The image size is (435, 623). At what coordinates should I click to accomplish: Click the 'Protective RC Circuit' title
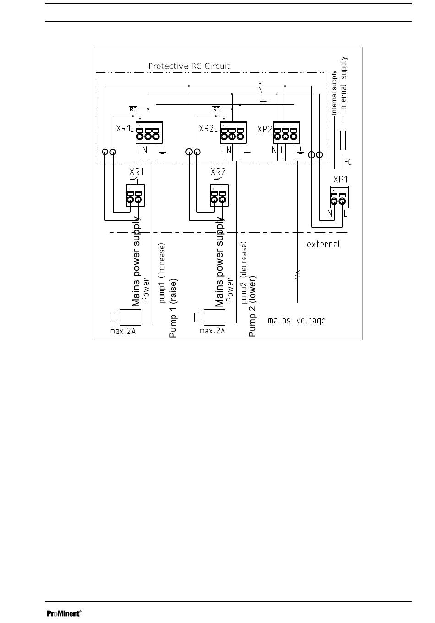[x=189, y=66]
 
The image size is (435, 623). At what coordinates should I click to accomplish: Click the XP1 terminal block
[x=338, y=197]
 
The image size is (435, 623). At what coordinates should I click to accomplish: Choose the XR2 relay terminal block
[x=218, y=196]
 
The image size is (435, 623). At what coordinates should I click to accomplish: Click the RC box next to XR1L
[x=133, y=109]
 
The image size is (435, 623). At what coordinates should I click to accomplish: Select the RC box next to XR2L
[x=216, y=109]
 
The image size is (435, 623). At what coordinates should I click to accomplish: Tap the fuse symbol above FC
[x=343, y=140]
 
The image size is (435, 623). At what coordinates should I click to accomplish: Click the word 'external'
[x=323, y=244]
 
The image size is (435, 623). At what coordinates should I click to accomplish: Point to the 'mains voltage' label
[x=296, y=320]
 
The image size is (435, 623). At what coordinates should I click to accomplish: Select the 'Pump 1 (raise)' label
[x=173, y=308]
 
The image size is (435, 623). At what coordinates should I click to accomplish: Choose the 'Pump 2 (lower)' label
[x=252, y=306]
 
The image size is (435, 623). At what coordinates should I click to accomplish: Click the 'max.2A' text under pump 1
[x=123, y=331]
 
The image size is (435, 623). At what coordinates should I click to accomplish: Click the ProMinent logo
[x=64, y=613]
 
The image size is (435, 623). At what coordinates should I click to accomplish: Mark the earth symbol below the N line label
[x=262, y=99]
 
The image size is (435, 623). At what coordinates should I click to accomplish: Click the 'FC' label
[x=348, y=162]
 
